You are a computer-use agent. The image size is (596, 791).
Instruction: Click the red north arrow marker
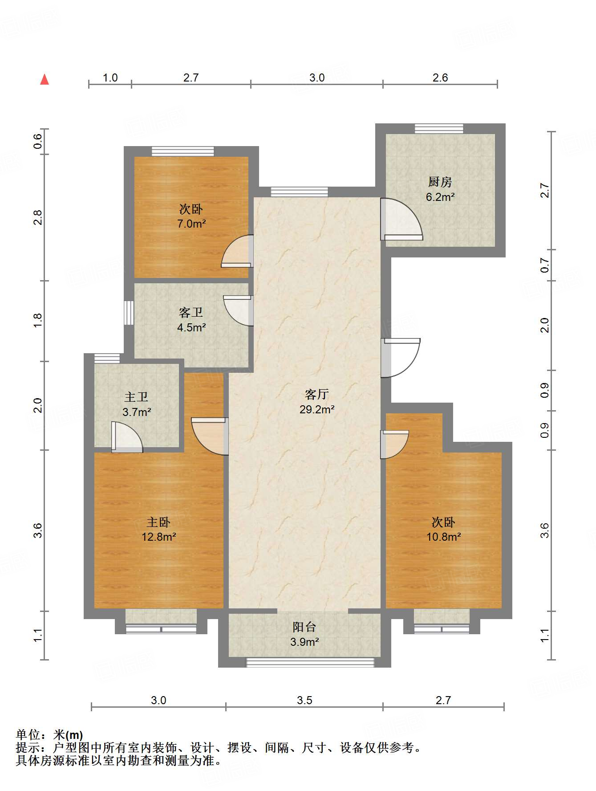point(45,79)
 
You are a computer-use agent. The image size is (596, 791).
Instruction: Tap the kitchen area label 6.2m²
point(440,197)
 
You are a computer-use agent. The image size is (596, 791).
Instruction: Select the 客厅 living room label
point(316,394)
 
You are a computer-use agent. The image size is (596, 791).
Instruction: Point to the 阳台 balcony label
point(304,627)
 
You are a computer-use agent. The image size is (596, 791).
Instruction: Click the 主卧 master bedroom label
point(158,522)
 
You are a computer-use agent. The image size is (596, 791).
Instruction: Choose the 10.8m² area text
point(444,537)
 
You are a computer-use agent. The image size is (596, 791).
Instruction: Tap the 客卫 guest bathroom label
point(191,313)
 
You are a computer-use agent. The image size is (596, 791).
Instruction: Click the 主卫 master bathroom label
point(136,397)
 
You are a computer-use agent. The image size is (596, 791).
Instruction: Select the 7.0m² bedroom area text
point(191,224)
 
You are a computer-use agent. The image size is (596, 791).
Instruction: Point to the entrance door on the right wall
point(400,358)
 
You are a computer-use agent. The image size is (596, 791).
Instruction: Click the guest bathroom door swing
point(238,310)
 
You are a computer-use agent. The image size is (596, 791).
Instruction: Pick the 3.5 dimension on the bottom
point(304,700)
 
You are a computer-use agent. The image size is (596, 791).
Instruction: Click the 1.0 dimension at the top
point(110,78)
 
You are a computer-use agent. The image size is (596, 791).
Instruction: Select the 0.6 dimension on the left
point(38,142)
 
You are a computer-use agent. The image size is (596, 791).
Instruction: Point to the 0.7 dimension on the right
point(545,265)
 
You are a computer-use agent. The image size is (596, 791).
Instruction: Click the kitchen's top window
point(439,129)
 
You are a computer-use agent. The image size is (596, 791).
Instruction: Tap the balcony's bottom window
point(310,662)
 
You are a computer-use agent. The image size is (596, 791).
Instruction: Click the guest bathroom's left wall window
point(129,313)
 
